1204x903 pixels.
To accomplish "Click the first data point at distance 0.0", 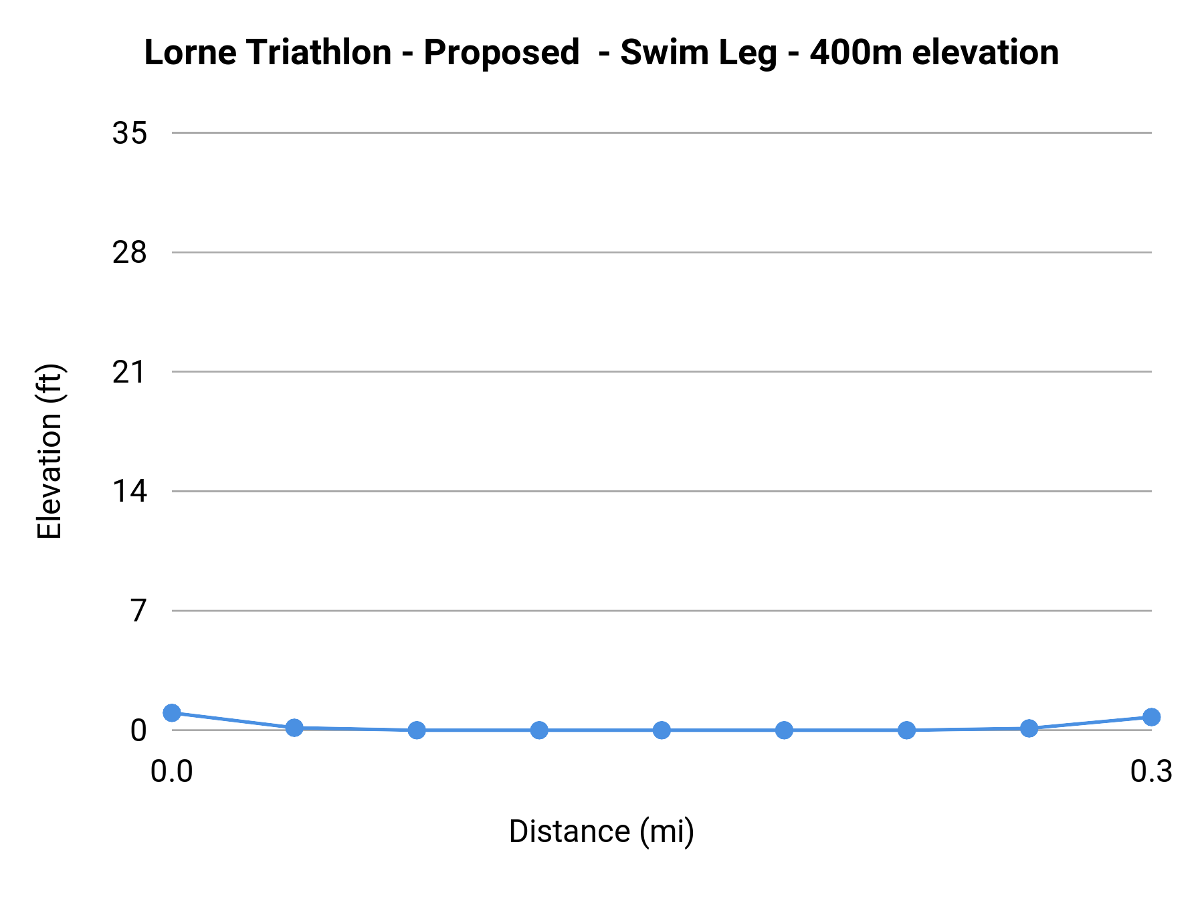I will (x=172, y=712).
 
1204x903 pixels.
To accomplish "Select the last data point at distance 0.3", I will (x=1151, y=717).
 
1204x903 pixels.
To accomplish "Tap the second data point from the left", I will (x=294, y=728).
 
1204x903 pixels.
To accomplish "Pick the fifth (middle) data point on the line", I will (x=662, y=730).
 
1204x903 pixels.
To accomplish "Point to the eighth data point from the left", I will (x=1029, y=728).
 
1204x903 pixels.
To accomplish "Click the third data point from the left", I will (x=417, y=730).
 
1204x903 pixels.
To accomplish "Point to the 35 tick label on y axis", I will (x=129, y=133).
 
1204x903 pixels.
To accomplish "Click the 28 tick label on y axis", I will (x=129, y=253).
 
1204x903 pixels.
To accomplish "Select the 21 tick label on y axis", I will (x=129, y=372).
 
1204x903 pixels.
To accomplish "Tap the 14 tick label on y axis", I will (x=129, y=492).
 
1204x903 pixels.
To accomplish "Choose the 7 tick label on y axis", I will (x=138, y=611).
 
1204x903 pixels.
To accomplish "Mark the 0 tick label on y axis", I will (x=138, y=730).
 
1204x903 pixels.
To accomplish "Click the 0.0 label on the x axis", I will (x=172, y=772).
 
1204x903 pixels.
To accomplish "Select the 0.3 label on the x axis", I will (x=1151, y=772).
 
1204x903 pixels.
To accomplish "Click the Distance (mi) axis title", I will (x=601, y=832).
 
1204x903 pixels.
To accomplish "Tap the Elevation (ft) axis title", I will (x=50, y=451).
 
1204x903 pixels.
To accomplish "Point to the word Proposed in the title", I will (x=501, y=52).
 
